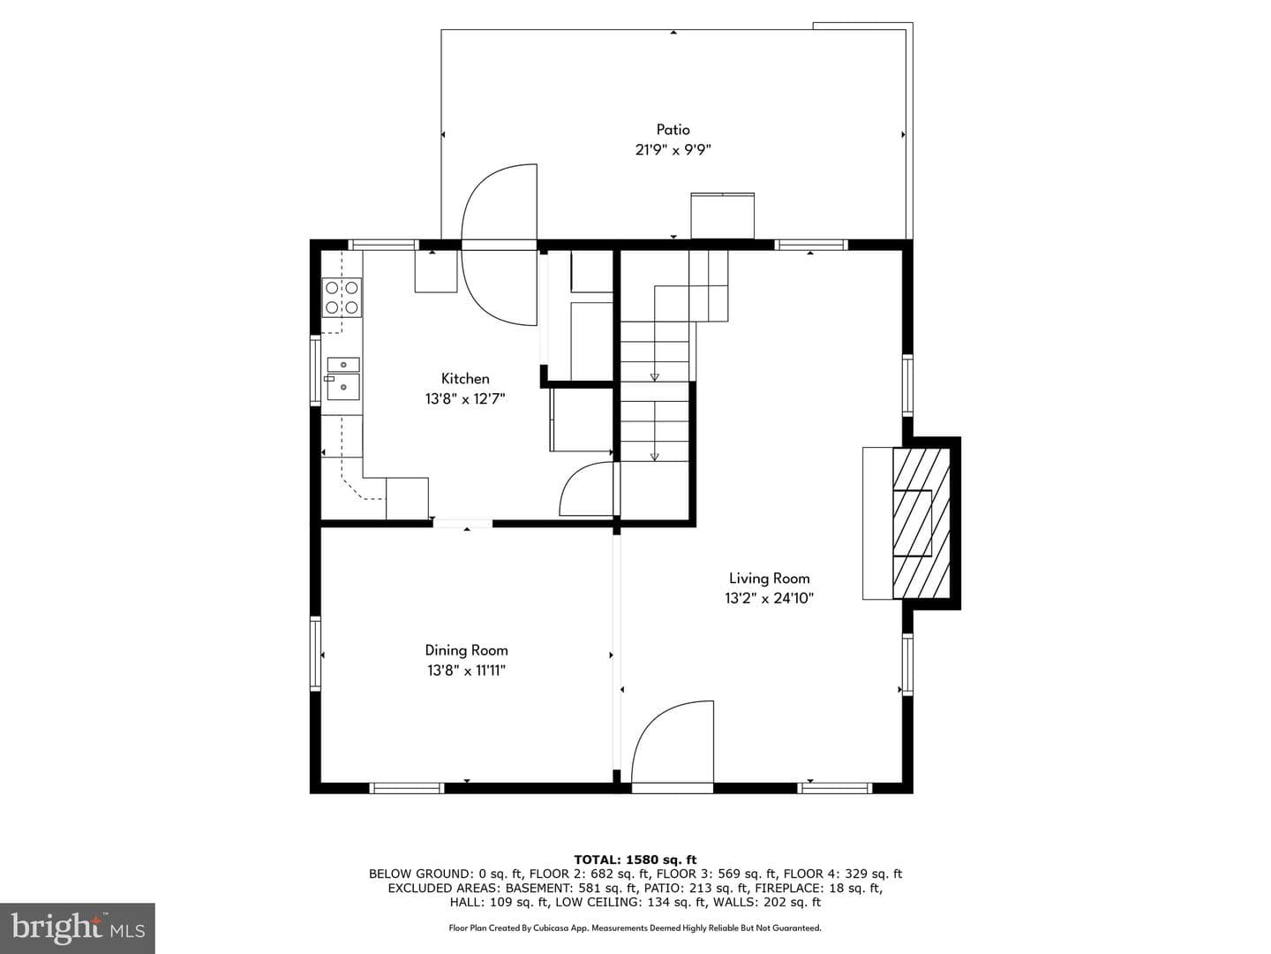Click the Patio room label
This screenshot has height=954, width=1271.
pos(673,129)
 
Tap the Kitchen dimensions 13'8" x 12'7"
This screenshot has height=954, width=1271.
pos(465,398)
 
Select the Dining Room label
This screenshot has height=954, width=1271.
pos(466,650)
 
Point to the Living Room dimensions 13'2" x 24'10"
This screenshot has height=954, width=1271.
pos(769,598)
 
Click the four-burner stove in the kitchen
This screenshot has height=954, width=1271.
pos(342,297)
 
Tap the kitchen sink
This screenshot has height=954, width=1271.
pos(342,379)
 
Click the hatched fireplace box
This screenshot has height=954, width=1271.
pos(921,523)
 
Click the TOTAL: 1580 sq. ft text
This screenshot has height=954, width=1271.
pos(635,859)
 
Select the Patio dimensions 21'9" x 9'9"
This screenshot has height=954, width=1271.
pos(673,150)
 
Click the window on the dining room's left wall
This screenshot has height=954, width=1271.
pos(316,654)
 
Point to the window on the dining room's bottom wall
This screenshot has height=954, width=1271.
pos(407,788)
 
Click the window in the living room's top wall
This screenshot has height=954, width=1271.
pos(811,245)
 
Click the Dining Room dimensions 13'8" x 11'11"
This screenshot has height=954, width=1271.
pos(466,670)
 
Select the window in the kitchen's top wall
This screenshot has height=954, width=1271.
pos(383,245)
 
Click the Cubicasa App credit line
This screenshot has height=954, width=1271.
pos(635,927)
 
